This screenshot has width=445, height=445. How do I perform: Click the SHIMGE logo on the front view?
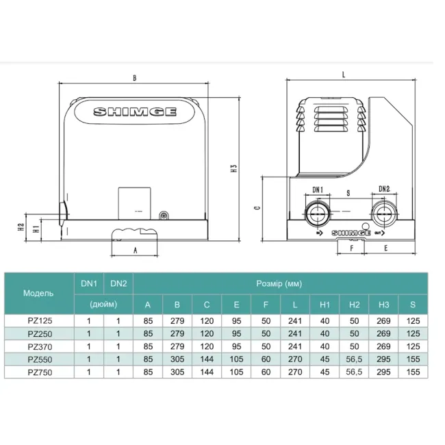(x=135, y=112)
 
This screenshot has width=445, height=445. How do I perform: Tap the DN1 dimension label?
(x=318, y=190)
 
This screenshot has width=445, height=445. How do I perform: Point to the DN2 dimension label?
(x=384, y=189)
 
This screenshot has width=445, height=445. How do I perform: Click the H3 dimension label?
(x=233, y=168)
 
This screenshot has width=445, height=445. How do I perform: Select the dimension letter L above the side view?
(x=344, y=75)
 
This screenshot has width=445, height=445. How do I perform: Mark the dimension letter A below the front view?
(x=136, y=251)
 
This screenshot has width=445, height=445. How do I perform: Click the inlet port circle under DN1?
(x=317, y=214)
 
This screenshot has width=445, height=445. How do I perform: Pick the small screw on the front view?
(x=164, y=216)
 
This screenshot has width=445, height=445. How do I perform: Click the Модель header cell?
(x=38, y=293)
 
